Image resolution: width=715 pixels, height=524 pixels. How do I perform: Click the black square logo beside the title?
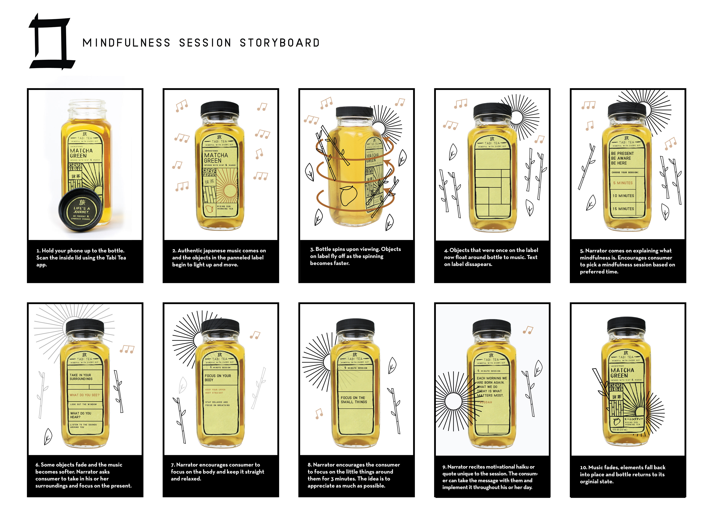[51, 41]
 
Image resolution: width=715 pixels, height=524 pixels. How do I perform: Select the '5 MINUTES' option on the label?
[623, 183]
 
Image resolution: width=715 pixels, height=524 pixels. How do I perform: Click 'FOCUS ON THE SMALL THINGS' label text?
[354, 400]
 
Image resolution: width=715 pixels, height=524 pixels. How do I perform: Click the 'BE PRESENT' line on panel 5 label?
[622, 154]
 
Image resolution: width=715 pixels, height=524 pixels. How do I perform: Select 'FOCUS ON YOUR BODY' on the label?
[218, 378]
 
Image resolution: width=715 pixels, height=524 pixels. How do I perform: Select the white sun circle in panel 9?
[453, 401]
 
